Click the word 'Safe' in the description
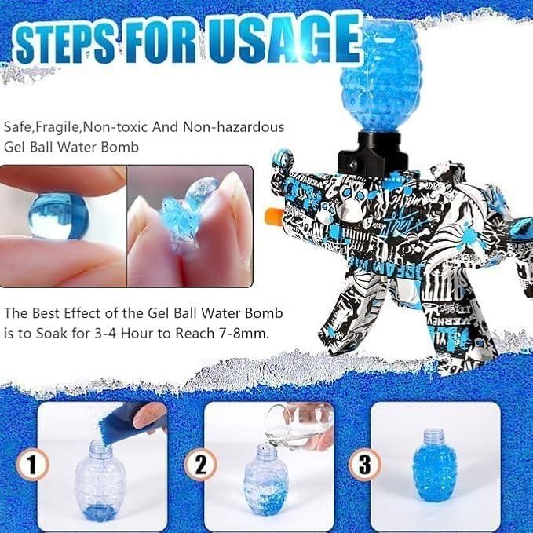click(x=17, y=126)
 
